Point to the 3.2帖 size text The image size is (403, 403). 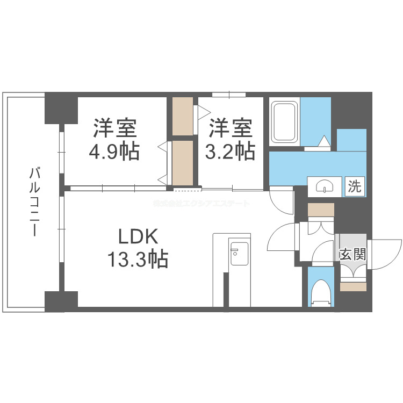coord(230,152)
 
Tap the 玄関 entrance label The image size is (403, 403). coord(352,254)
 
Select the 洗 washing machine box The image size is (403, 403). coord(355,186)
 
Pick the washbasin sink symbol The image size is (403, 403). coord(325,186)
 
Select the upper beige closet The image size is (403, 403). coord(183,116)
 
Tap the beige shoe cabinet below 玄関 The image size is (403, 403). coord(352,286)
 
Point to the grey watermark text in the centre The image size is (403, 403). coord(201,204)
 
